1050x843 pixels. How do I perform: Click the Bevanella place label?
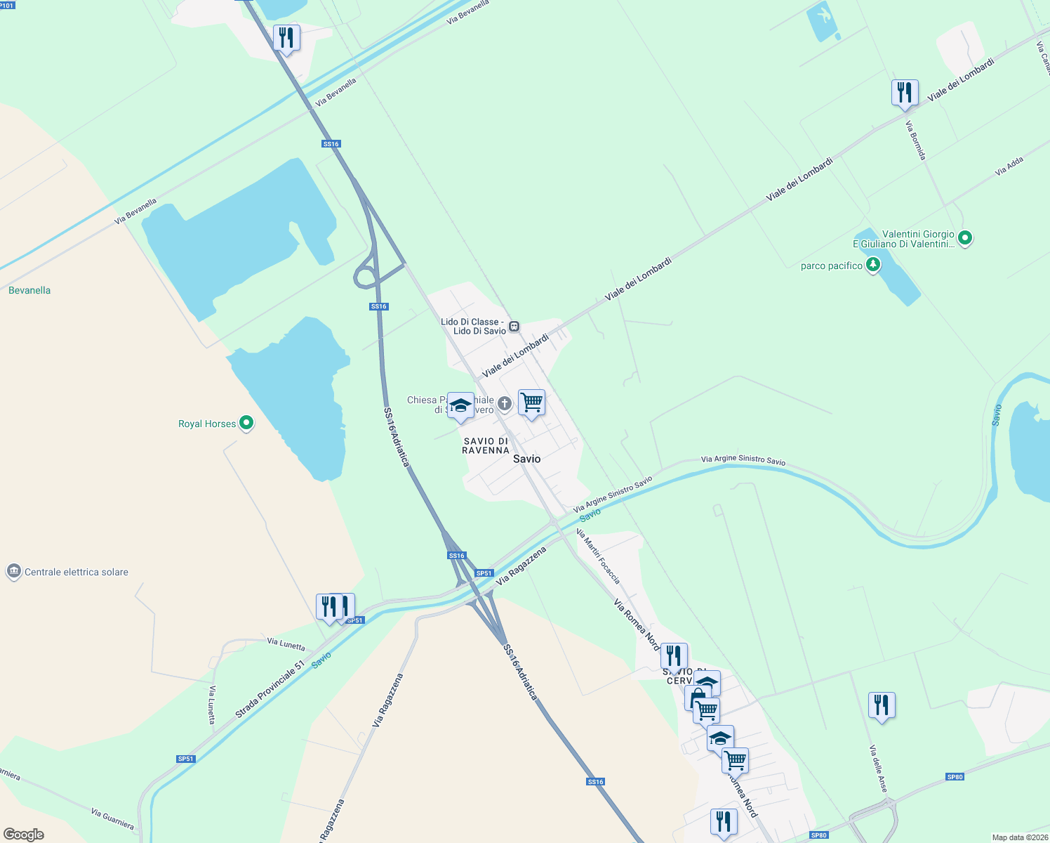tap(29, 290)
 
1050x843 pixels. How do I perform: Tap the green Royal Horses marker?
tap(246, 423)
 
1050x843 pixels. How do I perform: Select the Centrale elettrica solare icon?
tap(14, 571)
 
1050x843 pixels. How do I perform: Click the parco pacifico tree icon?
tap(872, 265)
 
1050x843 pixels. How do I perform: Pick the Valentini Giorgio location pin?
tap(965, 239)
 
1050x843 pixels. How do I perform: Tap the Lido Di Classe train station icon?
tap(514, 326)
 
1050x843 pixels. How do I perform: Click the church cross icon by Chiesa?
tap(504, 403)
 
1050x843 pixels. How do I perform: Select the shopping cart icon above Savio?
tap(531, 403)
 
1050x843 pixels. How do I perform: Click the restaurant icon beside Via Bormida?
tap(905, 93)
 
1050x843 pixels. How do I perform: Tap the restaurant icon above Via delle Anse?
tap(882, 705)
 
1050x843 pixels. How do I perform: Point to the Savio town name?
tap(527, 459)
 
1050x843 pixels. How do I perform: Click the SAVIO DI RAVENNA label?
tap(485, 445)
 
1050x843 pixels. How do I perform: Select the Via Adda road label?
tap(1009, 166)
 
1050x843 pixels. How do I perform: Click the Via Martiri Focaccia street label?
tap(598, 556)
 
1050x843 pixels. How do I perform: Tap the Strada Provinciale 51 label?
tap(270, 689)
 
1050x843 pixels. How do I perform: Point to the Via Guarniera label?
tap(112, 818)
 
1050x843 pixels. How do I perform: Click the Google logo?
tap(24, 835)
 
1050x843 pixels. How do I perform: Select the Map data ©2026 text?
tap(1019, 837)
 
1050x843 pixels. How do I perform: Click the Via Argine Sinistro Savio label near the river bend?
tap(743, 460)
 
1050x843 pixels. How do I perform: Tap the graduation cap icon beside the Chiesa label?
tap(460, 405)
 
